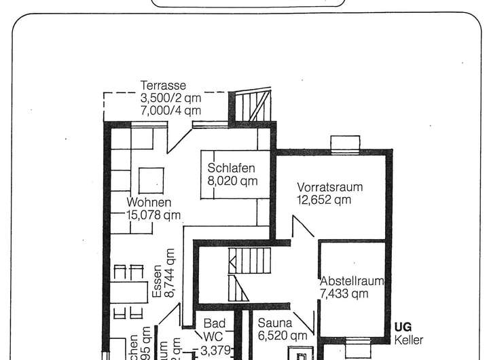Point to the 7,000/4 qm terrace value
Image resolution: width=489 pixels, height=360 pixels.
click(x=170, y=110)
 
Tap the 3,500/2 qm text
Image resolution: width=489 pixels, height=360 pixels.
click(x=170, y=98)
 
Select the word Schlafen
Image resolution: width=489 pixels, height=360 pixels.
click(x=232, y=168)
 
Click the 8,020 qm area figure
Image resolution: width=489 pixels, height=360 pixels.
click(x=232, y=181)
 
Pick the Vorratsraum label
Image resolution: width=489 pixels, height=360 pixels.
click(x=330, y=187)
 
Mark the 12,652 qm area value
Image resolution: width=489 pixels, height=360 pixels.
click(x=324, y=200)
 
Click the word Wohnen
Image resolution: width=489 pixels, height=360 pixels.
click(x=149, y=202)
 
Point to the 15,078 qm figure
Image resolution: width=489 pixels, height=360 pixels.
click(x=154, y=215)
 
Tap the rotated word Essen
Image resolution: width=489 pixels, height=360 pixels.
click(x=158, y=281)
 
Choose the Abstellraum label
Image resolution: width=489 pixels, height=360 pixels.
click(x=352, y=281)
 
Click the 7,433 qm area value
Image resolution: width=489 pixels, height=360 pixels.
click(x=344, y=293)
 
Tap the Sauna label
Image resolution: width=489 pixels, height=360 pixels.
click(x=275, y=323)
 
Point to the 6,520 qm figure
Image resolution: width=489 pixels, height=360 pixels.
click(x=283, y=336)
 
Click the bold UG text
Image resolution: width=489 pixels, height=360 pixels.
click(x=403, y=327)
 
